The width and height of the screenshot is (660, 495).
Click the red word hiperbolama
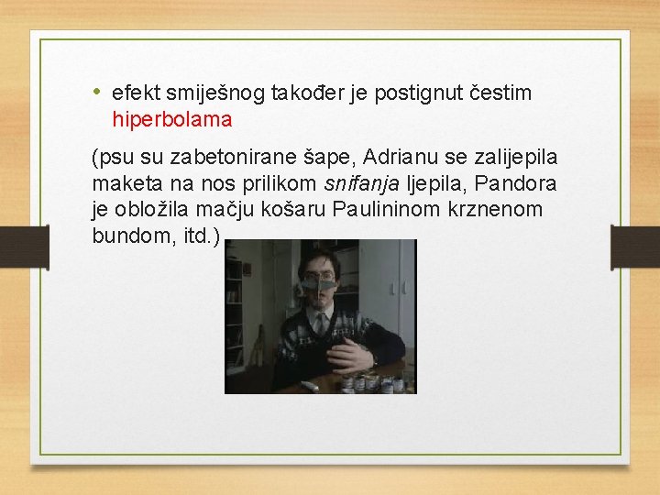coord(172,119)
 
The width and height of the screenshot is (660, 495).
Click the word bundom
coord(124,236)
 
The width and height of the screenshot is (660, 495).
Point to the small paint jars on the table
coord(376,382)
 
